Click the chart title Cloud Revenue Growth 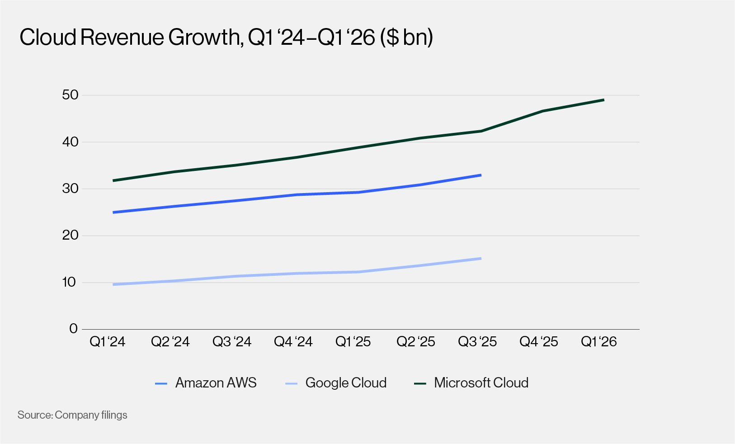[226, 37]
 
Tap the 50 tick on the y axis [70, 95]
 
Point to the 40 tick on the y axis [70, 142]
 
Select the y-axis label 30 [70, 189]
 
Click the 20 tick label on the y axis [70, 235]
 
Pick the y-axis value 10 [69, 282]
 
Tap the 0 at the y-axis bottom [73, 329]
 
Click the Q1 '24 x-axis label [107, 342]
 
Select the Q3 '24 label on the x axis [231, 342]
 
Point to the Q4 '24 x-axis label [293, 342]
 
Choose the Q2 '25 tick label [415, 342]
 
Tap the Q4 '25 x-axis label [538, 342]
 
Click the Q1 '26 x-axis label [598, 342]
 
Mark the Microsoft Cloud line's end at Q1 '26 [603, 100]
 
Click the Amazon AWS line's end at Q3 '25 [480, 175]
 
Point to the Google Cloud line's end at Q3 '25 [480, 259]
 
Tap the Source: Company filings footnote [72, 415]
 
